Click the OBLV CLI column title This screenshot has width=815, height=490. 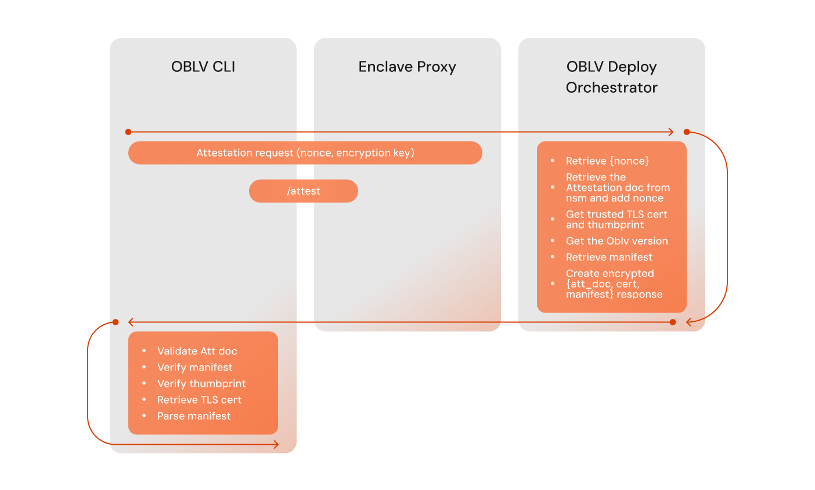(203, 67)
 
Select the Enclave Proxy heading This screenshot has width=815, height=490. (407, 67)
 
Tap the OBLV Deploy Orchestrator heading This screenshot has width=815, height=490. (612, 77)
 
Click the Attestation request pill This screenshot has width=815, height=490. (305, 153)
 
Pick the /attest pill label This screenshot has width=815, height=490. (304, 191)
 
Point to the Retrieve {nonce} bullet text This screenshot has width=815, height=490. (607, 161)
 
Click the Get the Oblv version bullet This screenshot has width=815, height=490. (616, 241)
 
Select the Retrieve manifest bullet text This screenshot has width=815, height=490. (609, 257)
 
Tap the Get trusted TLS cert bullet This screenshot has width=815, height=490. (616, 219)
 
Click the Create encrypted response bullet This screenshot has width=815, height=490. (614, 284)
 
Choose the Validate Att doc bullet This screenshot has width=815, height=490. (197, 351)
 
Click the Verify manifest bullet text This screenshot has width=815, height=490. (194, 367)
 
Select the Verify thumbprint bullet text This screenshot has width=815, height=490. (201, 383)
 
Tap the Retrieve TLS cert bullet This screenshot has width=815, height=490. (199, 400)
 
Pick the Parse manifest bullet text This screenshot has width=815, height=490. (193, 416)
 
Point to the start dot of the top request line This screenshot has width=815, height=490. (128, 132)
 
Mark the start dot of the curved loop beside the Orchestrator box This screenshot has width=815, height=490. (687, 132)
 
